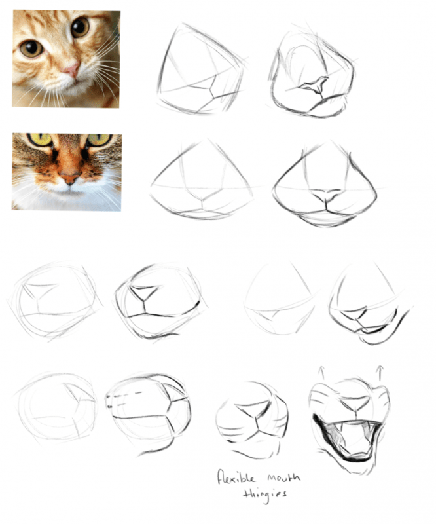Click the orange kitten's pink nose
point(72,69)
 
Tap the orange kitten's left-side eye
point(31,48)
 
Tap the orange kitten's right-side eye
point(80,28)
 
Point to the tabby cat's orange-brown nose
point(70,178)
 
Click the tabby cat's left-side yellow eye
point(40,139)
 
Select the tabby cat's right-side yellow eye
point(99,140)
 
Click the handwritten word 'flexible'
point(236,477)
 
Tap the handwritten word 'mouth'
point(283,477)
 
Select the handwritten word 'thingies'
point(264,495)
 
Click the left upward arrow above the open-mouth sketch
point(322,372)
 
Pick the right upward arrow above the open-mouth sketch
point(379,373)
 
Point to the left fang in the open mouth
point(342,427)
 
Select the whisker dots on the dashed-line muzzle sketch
point(109,402)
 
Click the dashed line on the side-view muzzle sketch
point(127,396)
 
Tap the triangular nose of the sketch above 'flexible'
point(253,411)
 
